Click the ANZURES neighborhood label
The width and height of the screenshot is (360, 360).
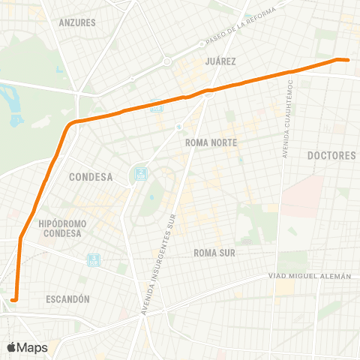[x=77, y=22]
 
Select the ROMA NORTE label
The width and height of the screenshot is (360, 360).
[x=211, y=142]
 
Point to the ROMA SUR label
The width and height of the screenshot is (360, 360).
[x=214, y=253]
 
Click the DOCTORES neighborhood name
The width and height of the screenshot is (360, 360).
[x=331, y=155]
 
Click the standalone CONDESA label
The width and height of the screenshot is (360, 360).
[x=90, y=178]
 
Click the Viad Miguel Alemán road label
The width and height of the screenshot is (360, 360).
[x=310, y=277]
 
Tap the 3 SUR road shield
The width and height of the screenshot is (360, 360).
[x=93, y=259]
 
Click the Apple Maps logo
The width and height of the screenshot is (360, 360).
[x=27, y=347]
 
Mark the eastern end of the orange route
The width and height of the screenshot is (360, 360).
[x=347, y=59]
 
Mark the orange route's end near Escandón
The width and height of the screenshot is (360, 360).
[x=13, y=301]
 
